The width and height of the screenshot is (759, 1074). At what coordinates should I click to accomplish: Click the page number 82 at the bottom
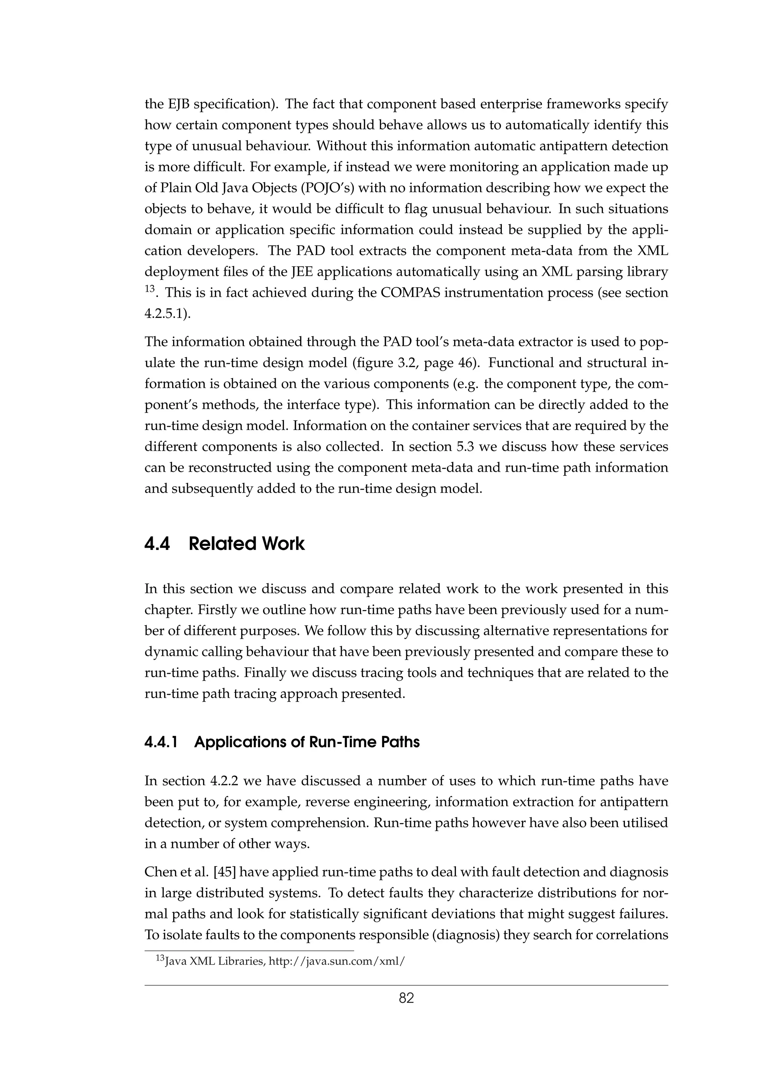pyautogui.click(x=406, y=998)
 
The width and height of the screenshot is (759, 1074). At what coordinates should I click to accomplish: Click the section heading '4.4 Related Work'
pyautogui.click(x=225, y=544)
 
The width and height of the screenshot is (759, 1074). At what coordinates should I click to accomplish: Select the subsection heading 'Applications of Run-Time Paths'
pyautogui.click(x=307, y=742)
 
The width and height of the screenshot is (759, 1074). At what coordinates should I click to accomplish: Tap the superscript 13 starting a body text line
pyautogui.click(x=150, y=289)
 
